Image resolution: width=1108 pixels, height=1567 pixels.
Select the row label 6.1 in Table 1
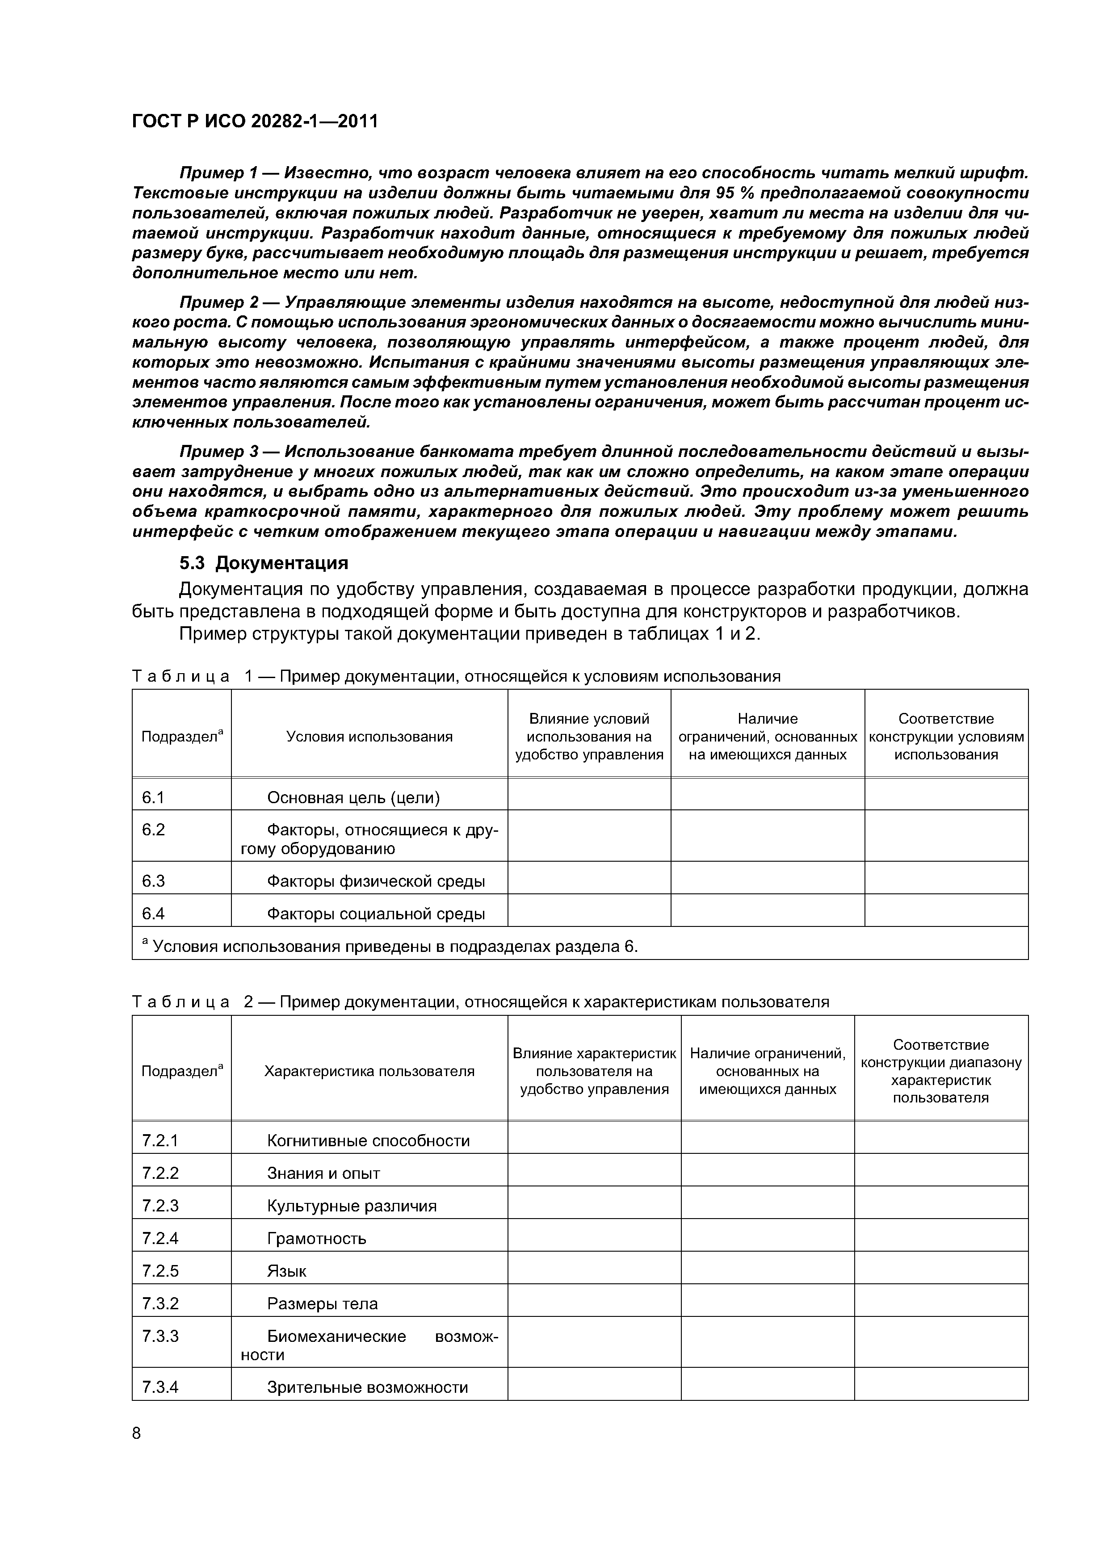(x=153, y=797)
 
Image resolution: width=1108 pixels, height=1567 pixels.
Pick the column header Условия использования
(x=369, y=737)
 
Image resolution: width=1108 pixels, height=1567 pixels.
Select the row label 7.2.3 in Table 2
(x=160, y=1206)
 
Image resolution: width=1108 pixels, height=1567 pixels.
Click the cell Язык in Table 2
(x=287, y=1271)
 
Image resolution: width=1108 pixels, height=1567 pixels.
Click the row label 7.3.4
(x=160, y=1387)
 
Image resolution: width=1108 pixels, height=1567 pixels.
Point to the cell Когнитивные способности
(x=368, y=1140)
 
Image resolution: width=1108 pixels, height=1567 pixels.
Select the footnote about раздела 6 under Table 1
(x=389, y=947)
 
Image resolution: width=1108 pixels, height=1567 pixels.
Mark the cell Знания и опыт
(x=323, y=1173)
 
